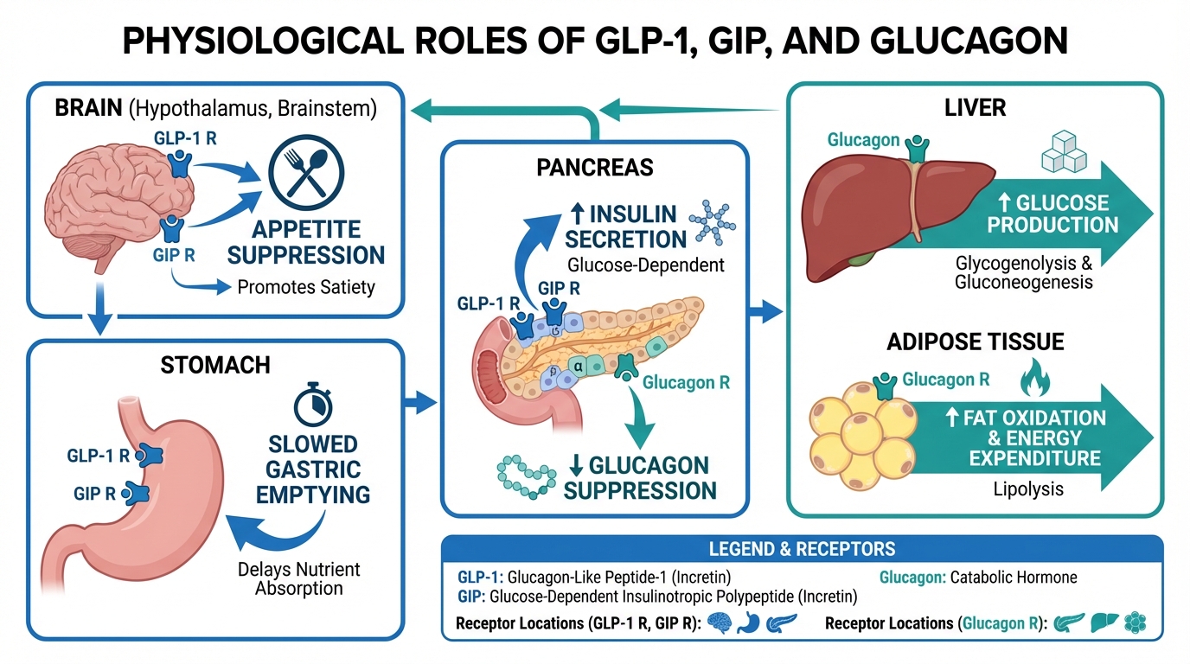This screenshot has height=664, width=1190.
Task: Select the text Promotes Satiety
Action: tap(306, 287)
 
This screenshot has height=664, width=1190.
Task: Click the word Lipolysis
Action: tap(1028, 489)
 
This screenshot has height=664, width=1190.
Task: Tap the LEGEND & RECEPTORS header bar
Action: tap(802, 549)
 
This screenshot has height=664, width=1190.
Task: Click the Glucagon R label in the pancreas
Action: tap(686, 381)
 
